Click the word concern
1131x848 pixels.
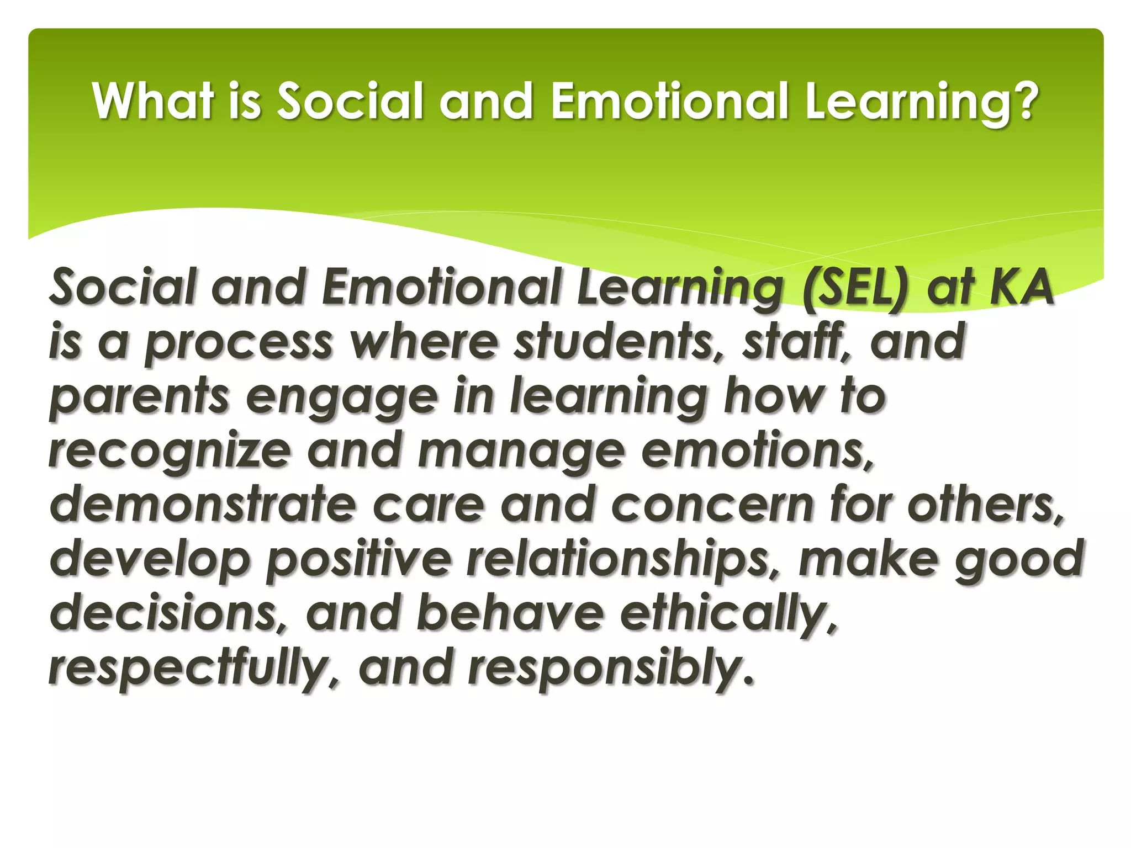[713, 505]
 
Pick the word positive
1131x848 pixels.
[359, 559]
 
